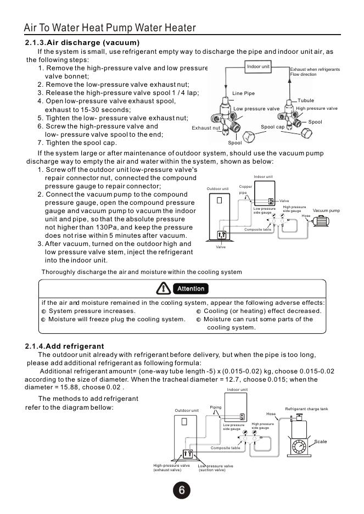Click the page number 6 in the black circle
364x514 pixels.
(181, 490)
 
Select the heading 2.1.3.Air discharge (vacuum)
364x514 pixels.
(82, 42)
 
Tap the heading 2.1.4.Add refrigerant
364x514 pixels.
(64, 346)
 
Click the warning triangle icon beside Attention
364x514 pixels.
(164, 288)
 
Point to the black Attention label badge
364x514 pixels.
(191, 288)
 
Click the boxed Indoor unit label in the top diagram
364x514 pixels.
(258, 66)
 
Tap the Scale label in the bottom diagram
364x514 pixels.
(320, 442)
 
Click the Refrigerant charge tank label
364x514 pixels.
(306, 409)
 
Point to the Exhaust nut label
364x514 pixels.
(206, 128)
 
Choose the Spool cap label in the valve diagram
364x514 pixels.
(272, 127)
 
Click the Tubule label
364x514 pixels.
(306, 101)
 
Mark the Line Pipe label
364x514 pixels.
(244, 93)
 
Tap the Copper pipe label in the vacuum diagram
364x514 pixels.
(245, 189)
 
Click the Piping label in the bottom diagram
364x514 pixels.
(216, 407)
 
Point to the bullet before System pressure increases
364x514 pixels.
(44, 311)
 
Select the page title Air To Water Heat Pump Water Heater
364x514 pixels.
(110, 28)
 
